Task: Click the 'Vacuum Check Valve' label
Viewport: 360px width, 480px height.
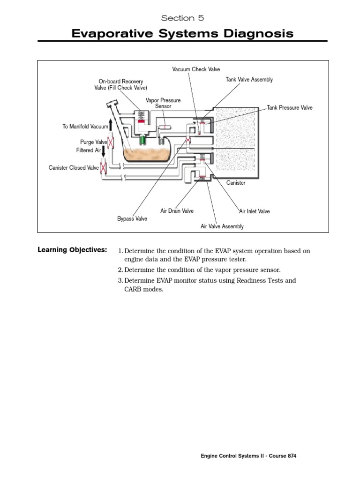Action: pos(196,69)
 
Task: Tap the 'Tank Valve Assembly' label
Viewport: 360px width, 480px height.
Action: pos(249,80)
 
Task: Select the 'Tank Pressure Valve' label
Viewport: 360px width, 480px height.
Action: pos(290,108)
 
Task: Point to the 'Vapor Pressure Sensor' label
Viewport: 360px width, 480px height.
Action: pos(163,104)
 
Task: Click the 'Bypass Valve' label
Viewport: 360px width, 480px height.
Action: pos(132,219)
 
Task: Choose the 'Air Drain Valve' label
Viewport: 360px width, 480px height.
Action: pos(177,211)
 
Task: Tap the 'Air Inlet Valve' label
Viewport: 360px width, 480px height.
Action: pos(255,211)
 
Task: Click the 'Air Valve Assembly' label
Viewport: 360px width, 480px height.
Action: pos(222,227)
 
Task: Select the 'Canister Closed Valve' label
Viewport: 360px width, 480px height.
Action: pos(74,168)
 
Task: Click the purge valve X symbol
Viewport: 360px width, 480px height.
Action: pos(111,142)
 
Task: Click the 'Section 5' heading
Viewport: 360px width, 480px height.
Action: pos(182,18)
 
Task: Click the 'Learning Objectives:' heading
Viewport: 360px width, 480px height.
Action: pos(72,250)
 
